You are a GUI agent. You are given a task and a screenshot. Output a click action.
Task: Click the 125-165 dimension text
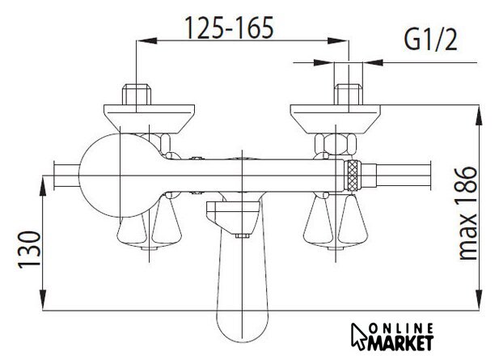coord(229,28)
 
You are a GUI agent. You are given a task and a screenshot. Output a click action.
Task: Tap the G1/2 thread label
coord(430,40)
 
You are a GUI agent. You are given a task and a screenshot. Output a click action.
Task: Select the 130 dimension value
coord(29,249)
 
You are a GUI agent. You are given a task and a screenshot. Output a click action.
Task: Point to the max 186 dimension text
coord(467,214)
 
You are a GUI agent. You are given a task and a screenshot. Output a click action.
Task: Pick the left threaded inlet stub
coord(136,94)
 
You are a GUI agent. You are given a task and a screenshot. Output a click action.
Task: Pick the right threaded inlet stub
coord(349,94)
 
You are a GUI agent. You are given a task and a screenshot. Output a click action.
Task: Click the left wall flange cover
coord(150,119)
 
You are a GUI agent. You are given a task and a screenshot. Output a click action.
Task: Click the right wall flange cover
coord(336,119)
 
